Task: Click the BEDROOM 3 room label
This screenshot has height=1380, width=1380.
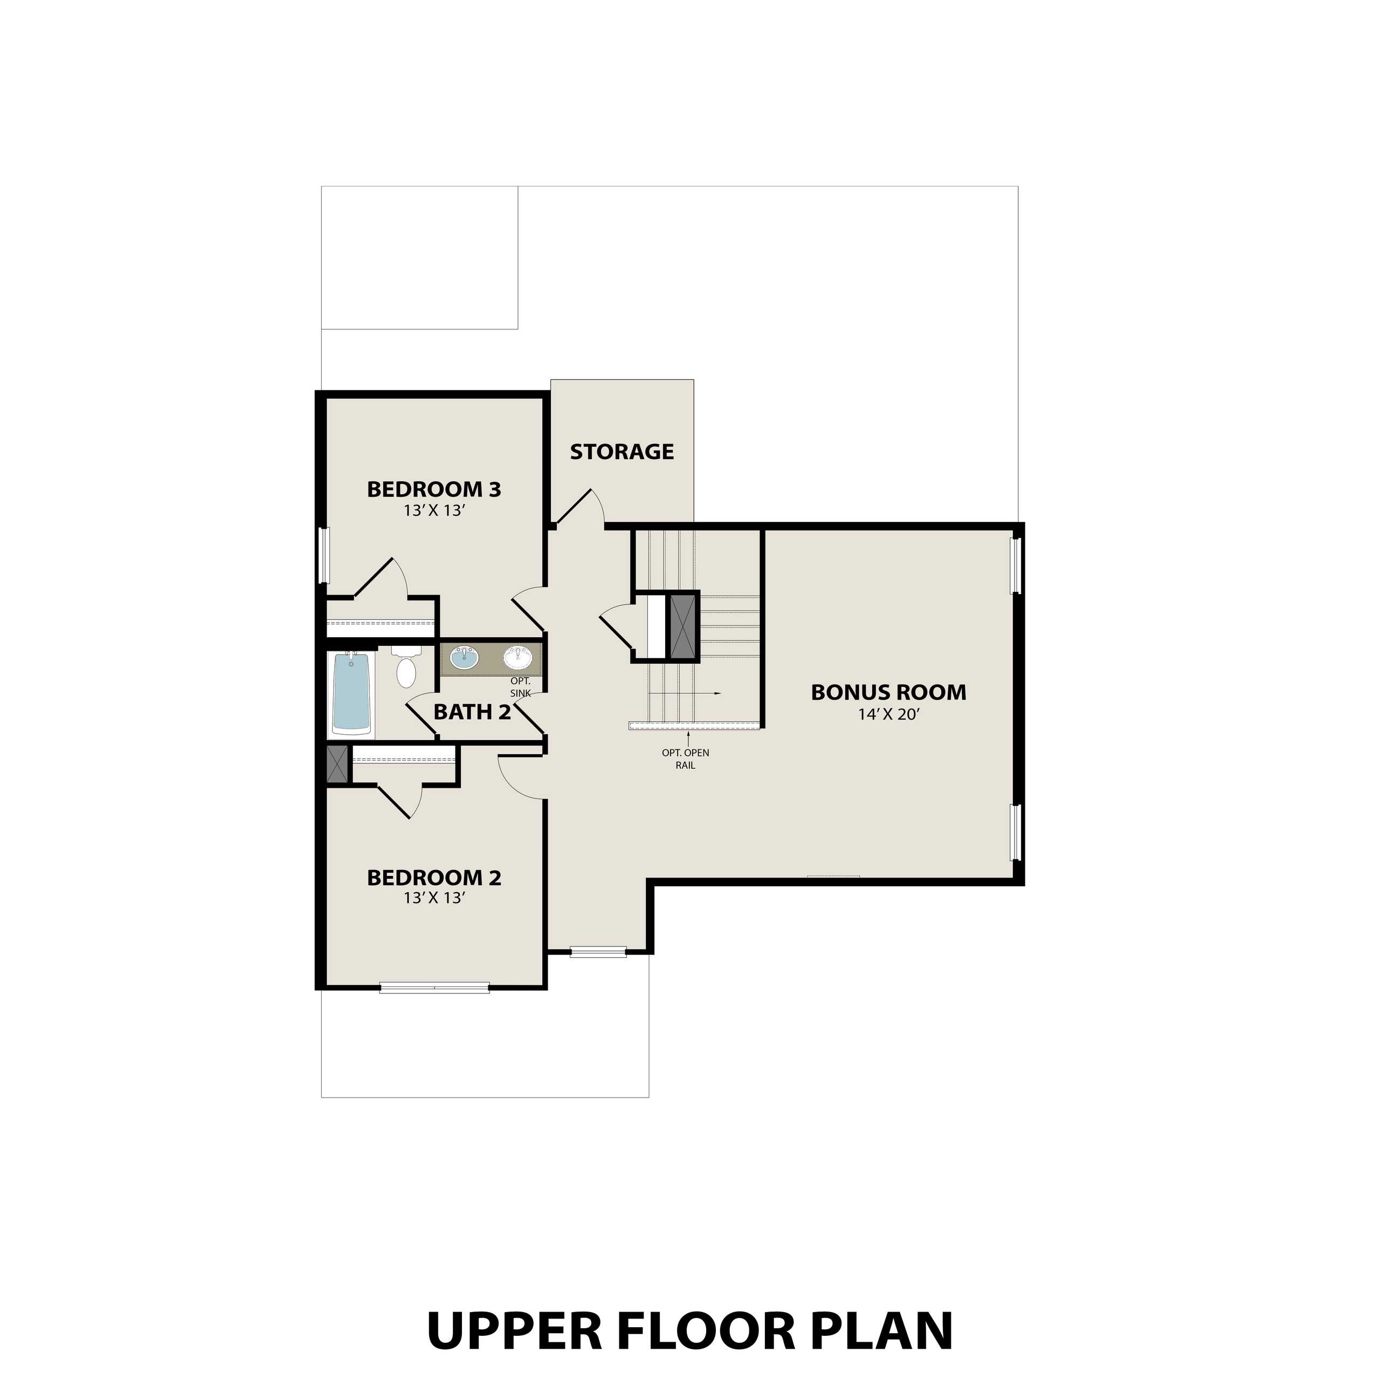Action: point(433,489)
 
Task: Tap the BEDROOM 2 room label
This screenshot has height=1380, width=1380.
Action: point(433,878)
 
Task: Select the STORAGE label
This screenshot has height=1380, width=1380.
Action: point(622,451)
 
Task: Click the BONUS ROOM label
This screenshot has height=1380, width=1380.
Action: point(888,692)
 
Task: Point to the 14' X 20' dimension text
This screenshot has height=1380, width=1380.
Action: point(888,714)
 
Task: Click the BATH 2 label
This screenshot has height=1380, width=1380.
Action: point(472,712)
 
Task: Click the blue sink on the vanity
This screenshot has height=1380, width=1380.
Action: point(464,657)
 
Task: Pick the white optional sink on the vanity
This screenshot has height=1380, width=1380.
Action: point(519,657)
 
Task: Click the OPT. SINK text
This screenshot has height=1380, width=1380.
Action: point(520,687)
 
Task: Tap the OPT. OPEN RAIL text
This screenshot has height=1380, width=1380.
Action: point(685,758)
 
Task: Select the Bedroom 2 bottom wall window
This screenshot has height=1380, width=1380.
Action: point(434,989)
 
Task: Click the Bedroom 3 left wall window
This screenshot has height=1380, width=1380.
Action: point(323,555)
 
